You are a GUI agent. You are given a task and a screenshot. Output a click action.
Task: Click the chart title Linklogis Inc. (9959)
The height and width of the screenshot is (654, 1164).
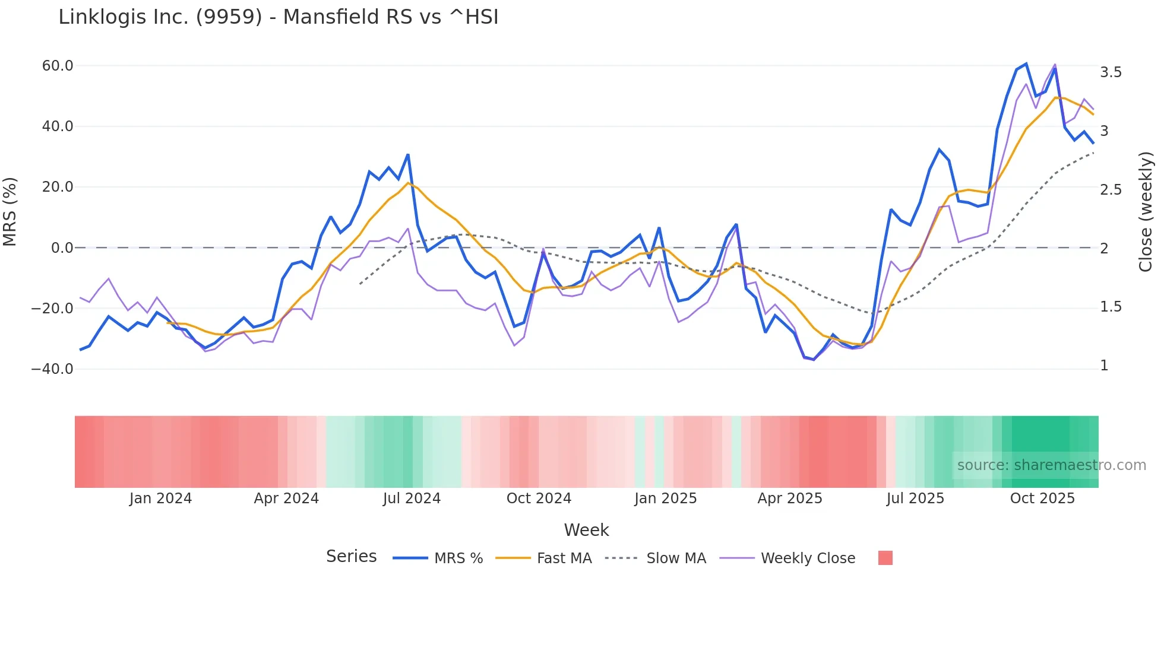point(278,17)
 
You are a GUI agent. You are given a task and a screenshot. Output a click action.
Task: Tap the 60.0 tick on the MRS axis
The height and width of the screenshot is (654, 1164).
point(58,66)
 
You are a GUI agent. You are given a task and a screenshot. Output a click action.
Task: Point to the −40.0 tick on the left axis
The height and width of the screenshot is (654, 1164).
point(52,369)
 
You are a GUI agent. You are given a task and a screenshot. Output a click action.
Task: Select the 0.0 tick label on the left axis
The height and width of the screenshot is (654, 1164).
point(62,248)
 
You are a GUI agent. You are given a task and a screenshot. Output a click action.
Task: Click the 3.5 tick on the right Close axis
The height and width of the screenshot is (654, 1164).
point(1111,72)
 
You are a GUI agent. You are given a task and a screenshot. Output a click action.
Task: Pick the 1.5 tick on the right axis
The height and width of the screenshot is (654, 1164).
point(1111,307)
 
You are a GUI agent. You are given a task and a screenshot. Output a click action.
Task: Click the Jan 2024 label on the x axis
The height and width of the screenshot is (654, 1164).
point(160,499)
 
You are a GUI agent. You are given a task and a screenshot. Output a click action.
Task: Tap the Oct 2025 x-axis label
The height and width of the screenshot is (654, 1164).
point(1042,499)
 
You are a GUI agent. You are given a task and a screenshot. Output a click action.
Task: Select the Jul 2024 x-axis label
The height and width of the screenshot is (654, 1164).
point(412,499)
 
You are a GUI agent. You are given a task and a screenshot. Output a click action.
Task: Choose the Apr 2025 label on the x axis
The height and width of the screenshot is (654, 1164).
point(790,499)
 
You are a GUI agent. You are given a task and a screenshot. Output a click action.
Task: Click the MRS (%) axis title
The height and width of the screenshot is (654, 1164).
point(10,212)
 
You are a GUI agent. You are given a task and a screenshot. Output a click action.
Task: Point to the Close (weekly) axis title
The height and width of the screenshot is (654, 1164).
point(1146,212)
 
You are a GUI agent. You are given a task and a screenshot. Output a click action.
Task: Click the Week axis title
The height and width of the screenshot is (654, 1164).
point(586,530)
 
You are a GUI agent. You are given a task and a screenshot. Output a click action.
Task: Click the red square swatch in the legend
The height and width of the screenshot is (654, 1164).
point(885,558)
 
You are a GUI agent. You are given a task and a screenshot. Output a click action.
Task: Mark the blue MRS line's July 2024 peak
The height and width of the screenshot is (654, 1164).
point(408,155)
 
